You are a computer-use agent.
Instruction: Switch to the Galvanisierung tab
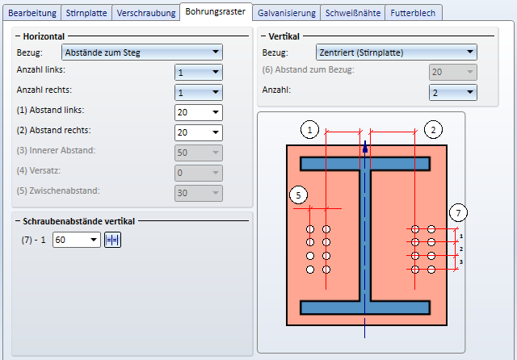click(286, 13)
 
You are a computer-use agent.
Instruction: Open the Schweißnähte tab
click(352, 13)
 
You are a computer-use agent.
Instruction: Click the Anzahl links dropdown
click(198, 73)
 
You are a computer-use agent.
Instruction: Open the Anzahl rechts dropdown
click(198, 93)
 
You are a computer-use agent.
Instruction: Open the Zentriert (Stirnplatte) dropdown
click(396, 52)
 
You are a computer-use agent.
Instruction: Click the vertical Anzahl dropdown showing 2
click(452, 93)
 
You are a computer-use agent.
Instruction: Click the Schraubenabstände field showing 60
click(76, 240)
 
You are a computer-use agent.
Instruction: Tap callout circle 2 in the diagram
click(434, 128)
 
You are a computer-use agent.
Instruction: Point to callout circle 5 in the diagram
click(297, 195)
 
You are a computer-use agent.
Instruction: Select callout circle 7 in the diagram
click(458, 213)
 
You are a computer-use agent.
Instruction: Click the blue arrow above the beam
click(365, 148)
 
